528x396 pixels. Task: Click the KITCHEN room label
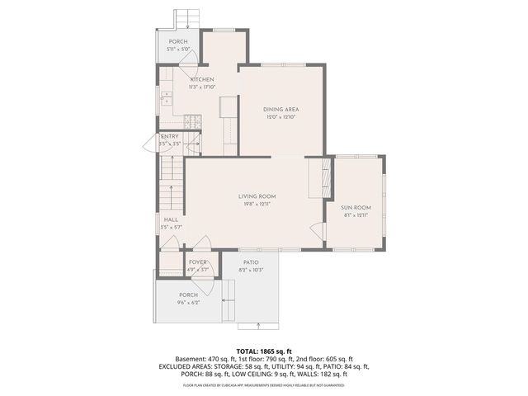click(202, 79)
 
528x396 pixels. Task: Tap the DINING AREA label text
click(281, 110)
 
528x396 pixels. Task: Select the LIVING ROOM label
click(255, 196)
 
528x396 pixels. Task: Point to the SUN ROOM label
click(356, 207)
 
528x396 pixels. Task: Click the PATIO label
click(250, 262)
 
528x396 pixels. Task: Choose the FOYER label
click(197, 262)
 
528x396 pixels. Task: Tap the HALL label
click(171, 219)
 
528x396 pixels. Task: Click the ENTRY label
click(170, 137)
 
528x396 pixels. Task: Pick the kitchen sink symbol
click(167, 99)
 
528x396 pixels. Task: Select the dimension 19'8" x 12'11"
click(255, 204)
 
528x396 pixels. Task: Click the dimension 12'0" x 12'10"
click(281, 117)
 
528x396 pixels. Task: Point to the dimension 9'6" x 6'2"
click(189, 302)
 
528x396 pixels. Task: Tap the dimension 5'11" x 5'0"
click(178, 49)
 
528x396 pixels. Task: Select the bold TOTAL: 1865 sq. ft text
click(264, 351)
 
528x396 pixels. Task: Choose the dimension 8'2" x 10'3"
click(250, 270)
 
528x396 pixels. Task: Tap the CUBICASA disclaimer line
click(264, 385)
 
